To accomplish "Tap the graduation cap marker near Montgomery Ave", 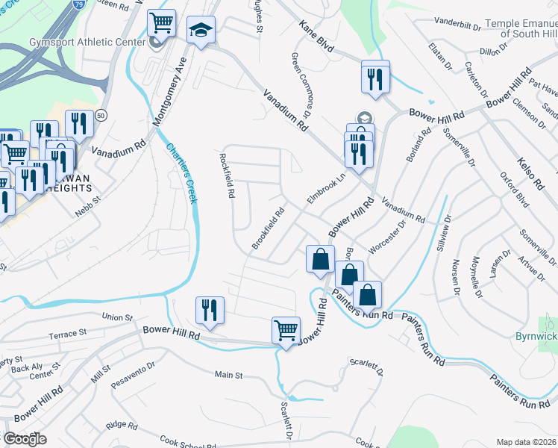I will pyautogui.click(x=200, y=31).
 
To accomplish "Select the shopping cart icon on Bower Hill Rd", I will pyautogui.click(x=286, y=329).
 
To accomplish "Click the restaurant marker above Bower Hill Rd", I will pyautogui.click(x=210, y=311).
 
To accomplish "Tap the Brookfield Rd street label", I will pyautogui.click(x=269, y=228).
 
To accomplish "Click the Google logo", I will pyautogui.click(x=25, y=438).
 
